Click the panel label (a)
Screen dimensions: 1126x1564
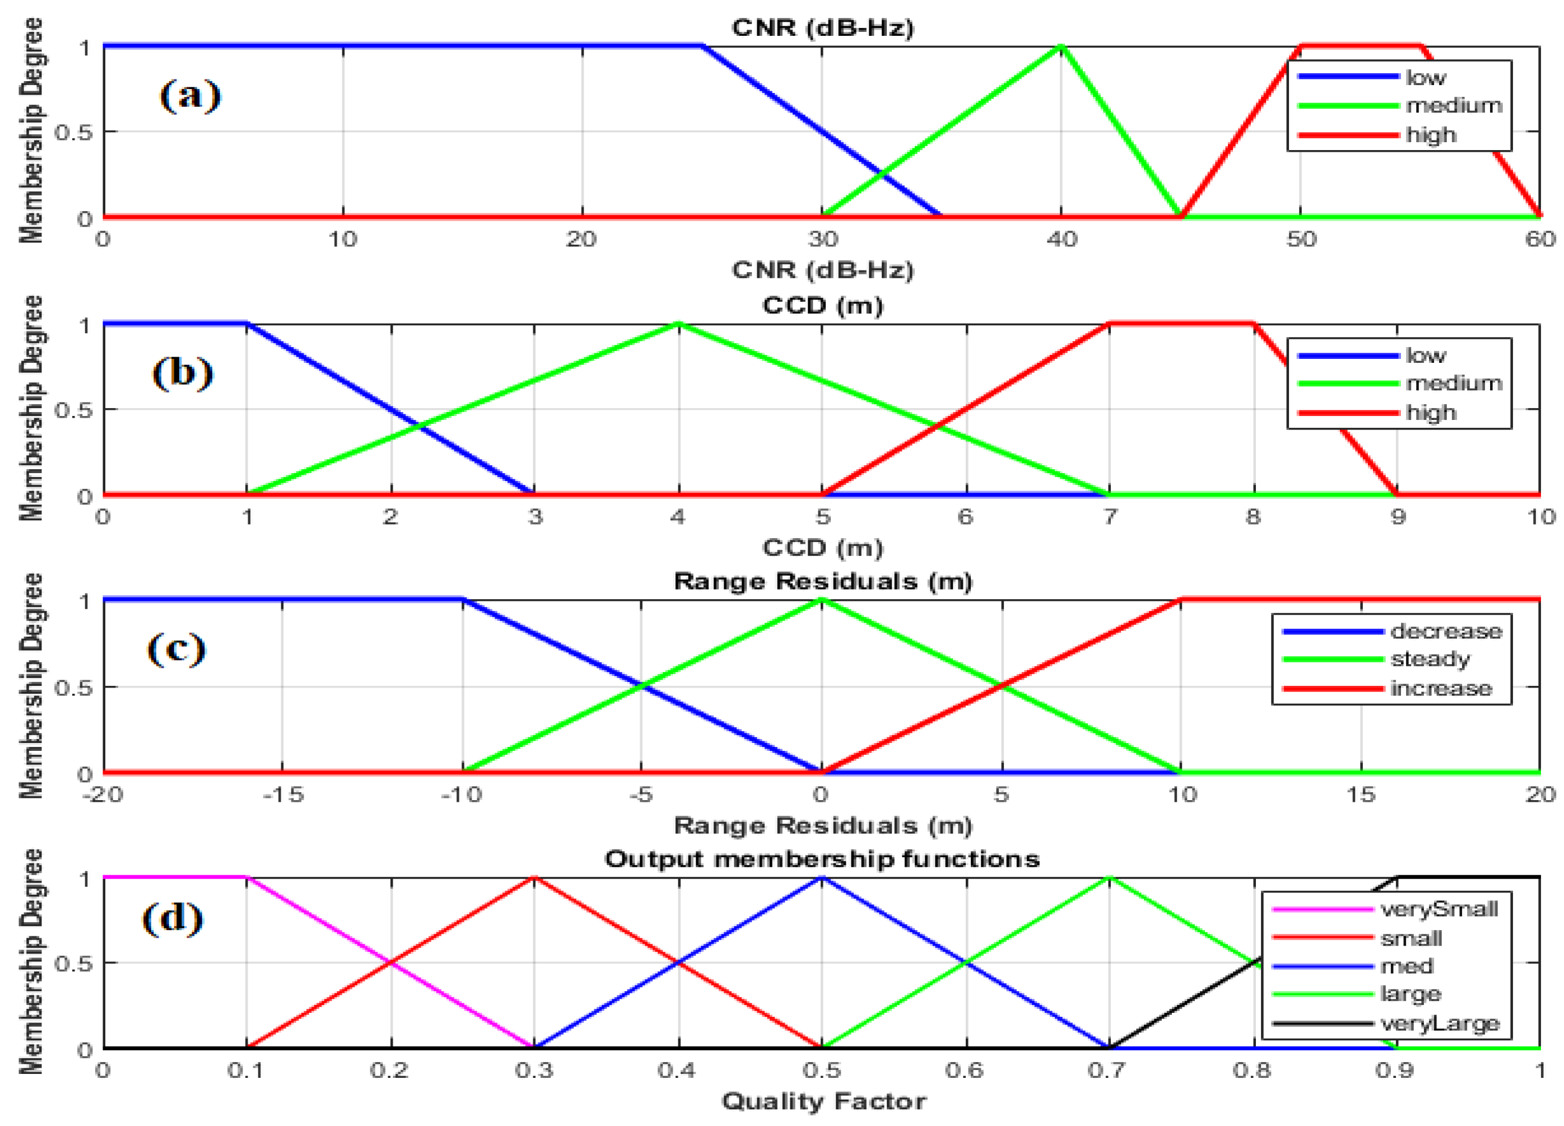coord(190,95)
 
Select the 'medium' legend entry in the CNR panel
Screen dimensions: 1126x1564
coord(1454,105)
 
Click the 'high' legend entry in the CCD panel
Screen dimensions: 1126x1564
coord(1431,413)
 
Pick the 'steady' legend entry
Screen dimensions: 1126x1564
coord(1430,660)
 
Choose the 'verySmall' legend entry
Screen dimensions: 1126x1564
coord(1439,909)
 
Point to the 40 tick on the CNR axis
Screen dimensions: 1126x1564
coord(1062,239)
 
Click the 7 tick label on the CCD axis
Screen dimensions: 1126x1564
coord(1109,516)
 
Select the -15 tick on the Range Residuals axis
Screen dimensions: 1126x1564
coord(283,795)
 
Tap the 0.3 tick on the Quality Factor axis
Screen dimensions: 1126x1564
coord(534,1070)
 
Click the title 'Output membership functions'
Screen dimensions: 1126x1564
coord(822,859)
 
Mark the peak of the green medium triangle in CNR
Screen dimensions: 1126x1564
coord(1062,47)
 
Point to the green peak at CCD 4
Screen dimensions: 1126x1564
coord(678,324)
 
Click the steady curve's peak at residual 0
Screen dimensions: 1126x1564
coord(821,600)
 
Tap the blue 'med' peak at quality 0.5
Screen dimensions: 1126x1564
coord(821,877)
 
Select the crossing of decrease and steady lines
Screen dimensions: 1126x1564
coord(642,686)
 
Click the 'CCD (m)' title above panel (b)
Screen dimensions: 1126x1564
coord(822,305)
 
